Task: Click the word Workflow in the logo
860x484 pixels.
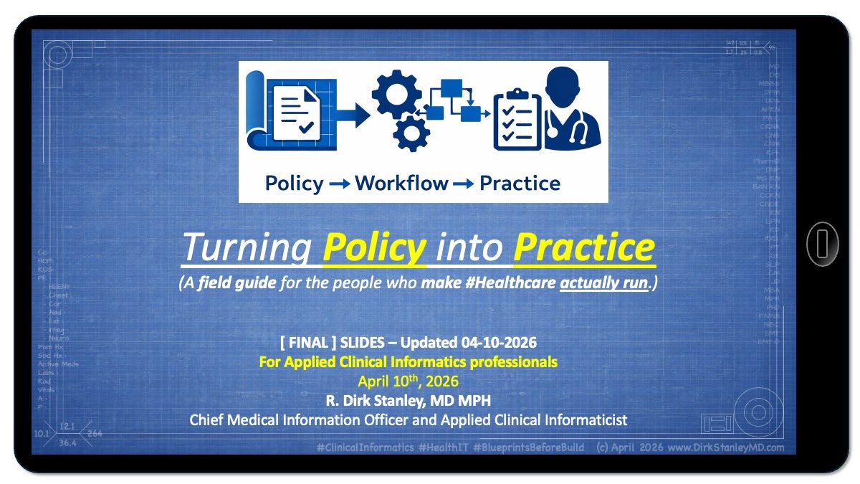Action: pyautogui.click(x=401, y=184)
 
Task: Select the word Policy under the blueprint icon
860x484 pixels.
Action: pyautogui.click(x=294, y=184)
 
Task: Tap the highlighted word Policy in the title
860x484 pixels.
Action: pyautogui.click(x=374, y=247)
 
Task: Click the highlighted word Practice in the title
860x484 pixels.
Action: pyautogui.click(x=583, y=247)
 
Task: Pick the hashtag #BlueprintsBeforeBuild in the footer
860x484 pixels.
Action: pyautogui.click(x=528, y=447)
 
